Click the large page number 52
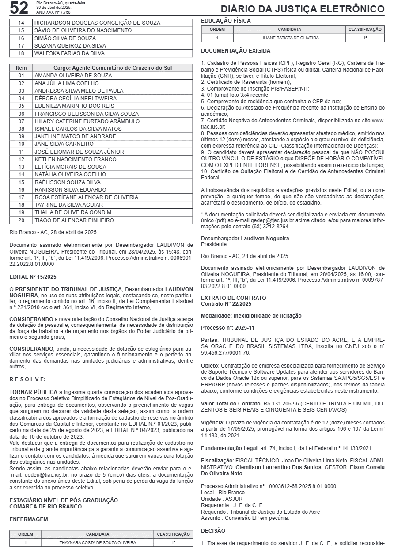pos(19,8)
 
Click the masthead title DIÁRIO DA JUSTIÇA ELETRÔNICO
pos(303,9)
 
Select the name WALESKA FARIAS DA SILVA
pos(69,53)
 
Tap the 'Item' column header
pos(21,68)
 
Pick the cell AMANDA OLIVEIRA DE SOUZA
pos(73,76)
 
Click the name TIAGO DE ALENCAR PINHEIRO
pos(74,220)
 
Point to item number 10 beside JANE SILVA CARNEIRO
pos(21,144)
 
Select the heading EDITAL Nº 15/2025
pos(33,277)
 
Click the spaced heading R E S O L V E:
pos(27,379)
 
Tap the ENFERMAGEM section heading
pos(29,519)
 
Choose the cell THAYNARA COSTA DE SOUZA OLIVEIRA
pos(98,542)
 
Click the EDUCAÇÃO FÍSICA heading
pos(226,21)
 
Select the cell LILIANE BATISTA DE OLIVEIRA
pos(289,38)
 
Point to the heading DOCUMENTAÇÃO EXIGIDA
pos(235,51)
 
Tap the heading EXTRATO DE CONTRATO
pos(233,298)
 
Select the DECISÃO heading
pos(213,530)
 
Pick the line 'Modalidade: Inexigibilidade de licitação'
pos(251,316)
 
